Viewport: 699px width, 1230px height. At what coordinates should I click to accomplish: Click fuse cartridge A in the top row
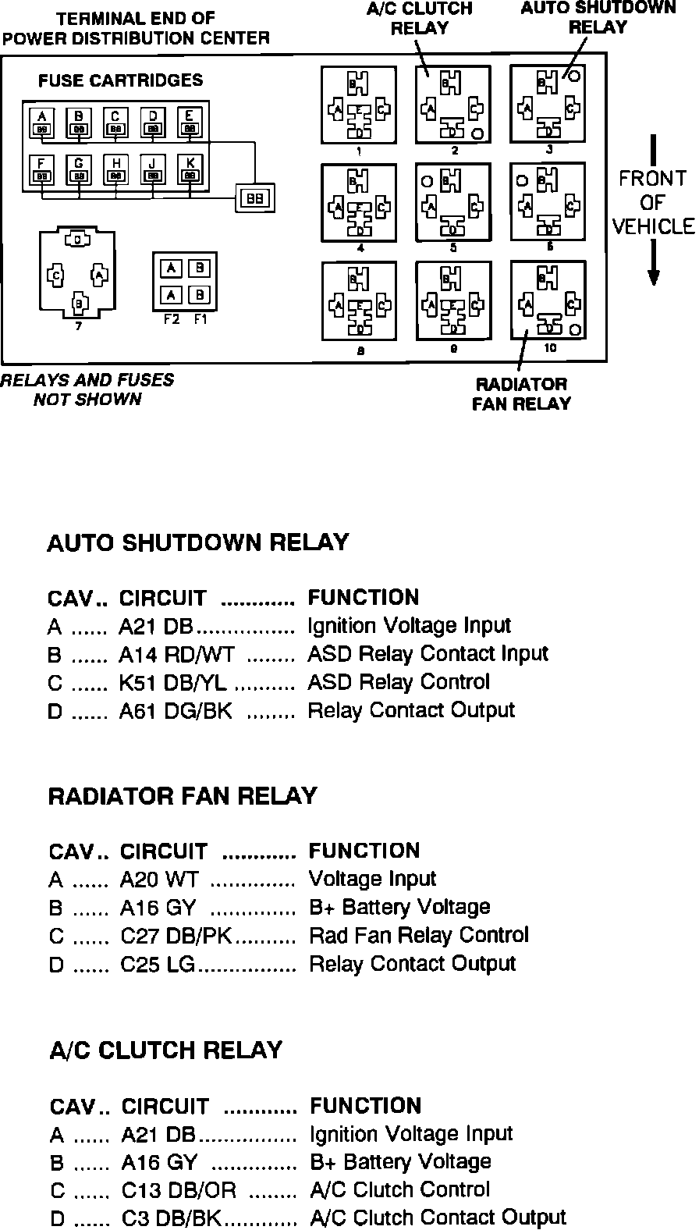(x=41, y=123)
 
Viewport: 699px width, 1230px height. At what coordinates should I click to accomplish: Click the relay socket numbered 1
(x=358, y=105)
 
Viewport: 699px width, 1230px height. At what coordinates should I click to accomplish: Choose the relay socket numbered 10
(x=548, y=300)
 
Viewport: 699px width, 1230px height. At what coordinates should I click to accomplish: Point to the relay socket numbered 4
(x=358, y=202)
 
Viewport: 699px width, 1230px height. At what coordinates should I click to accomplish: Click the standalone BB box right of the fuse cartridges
(x=255, y=199)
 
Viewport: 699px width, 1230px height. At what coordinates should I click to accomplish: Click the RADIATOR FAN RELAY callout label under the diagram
(x=521, y=394)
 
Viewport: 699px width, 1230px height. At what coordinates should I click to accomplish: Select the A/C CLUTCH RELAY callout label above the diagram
(x=420, y=18)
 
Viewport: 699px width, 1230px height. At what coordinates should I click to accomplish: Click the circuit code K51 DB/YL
(x=172, y=682)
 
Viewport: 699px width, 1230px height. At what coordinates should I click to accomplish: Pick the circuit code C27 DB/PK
(x=176, y=935)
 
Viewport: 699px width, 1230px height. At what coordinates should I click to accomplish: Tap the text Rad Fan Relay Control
(x=418, y=935)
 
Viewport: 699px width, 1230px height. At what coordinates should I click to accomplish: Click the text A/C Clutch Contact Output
(x=438, y=1218)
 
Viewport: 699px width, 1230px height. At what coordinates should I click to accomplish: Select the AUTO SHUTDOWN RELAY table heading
(x=198, y=543)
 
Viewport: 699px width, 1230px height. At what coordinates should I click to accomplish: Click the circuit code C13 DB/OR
(x=179, y=1190)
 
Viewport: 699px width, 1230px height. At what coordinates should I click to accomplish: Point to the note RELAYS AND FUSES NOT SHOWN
(x=87, y=390)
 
